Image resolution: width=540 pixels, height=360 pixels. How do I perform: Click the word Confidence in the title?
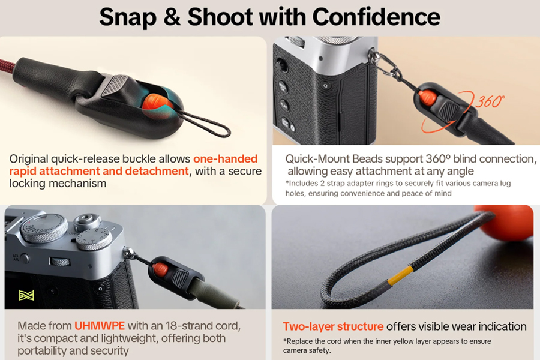pos(376,17)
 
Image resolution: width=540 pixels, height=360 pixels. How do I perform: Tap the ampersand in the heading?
pos(172,17)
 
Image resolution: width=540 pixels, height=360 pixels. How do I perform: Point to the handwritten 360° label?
pos(490,101)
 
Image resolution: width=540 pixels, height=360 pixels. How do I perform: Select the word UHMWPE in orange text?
pos(100,326)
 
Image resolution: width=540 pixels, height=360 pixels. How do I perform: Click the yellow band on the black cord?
pos(400,276)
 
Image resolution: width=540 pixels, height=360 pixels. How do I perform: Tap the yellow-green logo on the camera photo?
pos(26,295)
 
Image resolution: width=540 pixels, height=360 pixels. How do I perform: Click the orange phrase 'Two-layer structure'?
pos(333,326)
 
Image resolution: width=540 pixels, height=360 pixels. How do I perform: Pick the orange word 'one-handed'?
pos(225,159)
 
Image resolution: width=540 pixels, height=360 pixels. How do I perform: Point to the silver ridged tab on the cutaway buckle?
pos(114,85)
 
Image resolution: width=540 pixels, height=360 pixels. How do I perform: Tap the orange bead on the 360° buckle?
pos(427,97)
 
